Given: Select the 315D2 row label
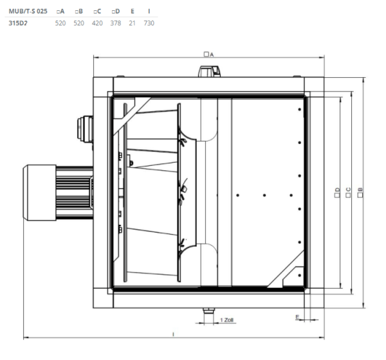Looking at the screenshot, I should [x=17, y=23].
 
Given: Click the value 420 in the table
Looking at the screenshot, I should [x=98, y=23].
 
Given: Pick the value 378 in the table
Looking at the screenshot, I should [x=116, y=23].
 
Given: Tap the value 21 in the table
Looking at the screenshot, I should [x=133, y=23].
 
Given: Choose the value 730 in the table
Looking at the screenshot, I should [x=149, y=23].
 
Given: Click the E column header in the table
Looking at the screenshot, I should [x=133, y=12].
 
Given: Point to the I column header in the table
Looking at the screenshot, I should [x=149, y=12].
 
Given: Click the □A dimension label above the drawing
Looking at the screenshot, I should [x=208, y=55].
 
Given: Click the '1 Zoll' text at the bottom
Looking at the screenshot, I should [x=226, y=319].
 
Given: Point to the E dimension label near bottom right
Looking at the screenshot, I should [x=297, y=316].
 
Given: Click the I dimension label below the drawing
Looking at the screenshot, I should [x=174, y=334].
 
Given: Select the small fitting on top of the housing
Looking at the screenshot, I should [x=207, y=72].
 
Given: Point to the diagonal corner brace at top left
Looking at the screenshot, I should [x=132, y=112].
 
